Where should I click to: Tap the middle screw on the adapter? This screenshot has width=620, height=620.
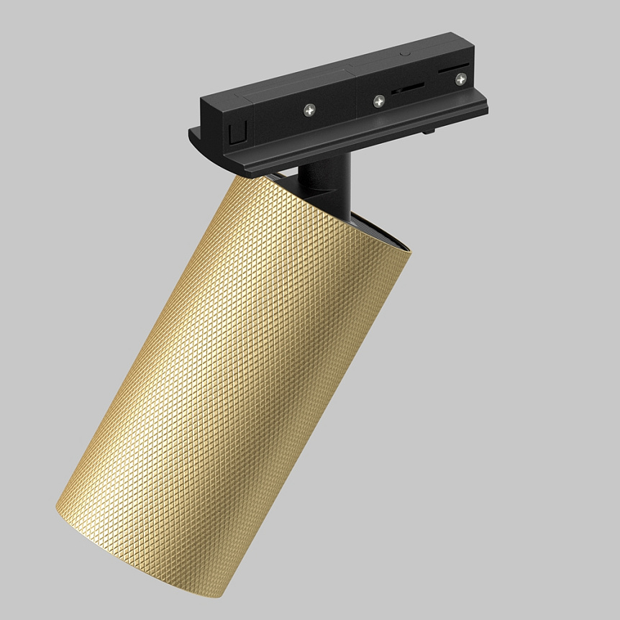click(x=378, y=101)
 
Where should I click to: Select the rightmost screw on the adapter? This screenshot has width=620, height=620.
click(x=458, y=79)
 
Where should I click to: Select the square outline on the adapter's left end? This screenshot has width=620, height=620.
click(x=234, y=134)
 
